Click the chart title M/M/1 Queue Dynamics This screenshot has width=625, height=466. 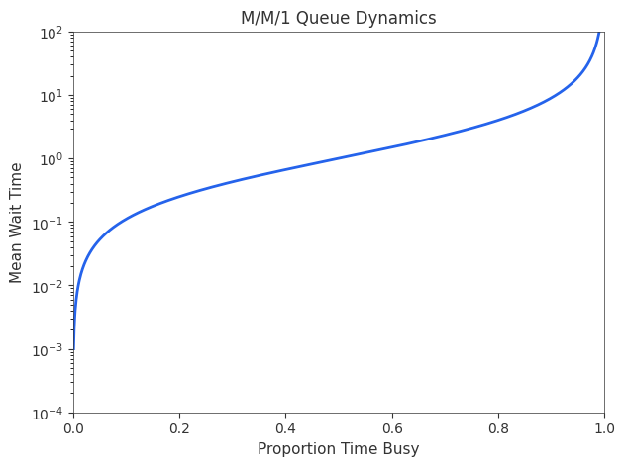(x=338, y=18)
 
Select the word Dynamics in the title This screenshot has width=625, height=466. (x=401, y=18)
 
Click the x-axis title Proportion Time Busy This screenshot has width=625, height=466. (x=338, y=449)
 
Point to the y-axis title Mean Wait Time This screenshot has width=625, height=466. (x=17, y=222)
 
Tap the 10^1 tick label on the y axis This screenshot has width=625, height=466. (x=51, y=95)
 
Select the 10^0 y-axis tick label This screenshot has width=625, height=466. (x=51, y=158)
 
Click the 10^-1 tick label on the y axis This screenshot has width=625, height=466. (x=49, y=223)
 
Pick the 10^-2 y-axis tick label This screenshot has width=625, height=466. (x=49, y=286)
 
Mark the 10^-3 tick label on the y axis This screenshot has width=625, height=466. (x=49, y=349)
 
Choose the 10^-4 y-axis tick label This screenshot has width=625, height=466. (x=49, y=413)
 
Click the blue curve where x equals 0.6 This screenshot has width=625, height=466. (x=391, y=147)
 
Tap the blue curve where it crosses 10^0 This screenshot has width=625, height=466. (x=339, y=159)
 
